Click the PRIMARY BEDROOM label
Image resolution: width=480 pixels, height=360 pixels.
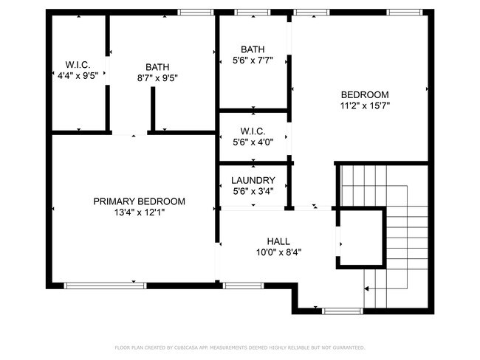(139, 201)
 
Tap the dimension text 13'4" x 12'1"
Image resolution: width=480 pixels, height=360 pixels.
(139, 213)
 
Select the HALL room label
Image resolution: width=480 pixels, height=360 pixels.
(278, 241)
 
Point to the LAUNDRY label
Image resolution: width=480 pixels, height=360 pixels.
(253, 181)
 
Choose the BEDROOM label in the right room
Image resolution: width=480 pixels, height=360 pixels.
(364, 94)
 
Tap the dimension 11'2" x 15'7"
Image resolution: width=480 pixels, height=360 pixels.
(364, 105)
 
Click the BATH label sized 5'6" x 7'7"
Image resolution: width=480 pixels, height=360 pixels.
(253, 49)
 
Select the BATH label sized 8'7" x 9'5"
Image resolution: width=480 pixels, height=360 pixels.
(157, 66)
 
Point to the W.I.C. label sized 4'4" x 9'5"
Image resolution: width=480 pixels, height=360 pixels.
(78, 63)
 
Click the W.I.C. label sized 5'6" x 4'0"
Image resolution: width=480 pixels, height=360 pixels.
(253, 131)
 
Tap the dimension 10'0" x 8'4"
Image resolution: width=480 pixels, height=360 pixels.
(278, 252)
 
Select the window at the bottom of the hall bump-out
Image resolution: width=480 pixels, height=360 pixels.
(343, 311)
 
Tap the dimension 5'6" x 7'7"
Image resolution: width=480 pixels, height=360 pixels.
(253, 61)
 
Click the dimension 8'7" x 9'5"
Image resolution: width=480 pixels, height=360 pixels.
(157, 77)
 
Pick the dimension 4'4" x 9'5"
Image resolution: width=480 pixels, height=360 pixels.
(78, 75)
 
